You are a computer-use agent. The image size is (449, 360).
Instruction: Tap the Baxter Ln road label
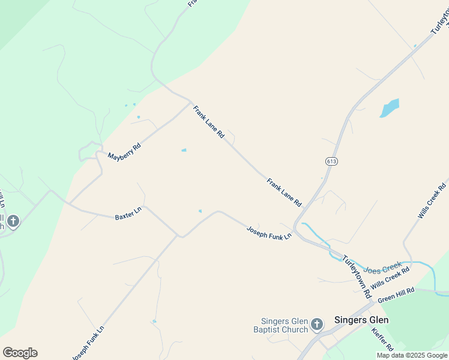pos(127,214)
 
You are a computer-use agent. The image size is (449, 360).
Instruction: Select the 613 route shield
pos(331,161)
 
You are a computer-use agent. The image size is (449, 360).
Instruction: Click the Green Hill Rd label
pos(396,295)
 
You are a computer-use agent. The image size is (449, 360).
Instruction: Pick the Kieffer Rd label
pos(382,340)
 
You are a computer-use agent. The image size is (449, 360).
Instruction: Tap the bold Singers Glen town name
pos(361,320)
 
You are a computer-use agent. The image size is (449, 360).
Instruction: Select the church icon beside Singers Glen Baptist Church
pos(317,325)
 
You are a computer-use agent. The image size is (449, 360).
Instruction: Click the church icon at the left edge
pos(13,221)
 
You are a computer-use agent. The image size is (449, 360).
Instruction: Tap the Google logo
pos(20,353)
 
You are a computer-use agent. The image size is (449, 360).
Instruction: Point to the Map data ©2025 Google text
pos(412,355)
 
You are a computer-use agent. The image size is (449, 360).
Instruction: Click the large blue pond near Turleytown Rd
pos(389,108)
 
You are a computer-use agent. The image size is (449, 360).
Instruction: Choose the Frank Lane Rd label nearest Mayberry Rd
pos(208,122)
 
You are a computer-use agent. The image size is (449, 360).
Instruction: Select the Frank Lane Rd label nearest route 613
pos(284,193)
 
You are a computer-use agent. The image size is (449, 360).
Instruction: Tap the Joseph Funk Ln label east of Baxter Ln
pos(269,232)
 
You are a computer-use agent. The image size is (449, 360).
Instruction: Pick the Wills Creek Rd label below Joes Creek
pos(390,278)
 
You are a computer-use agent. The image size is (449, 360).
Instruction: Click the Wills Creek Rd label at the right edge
pos(432,200)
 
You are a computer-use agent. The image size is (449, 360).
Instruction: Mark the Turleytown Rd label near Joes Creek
pos(357,277)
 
